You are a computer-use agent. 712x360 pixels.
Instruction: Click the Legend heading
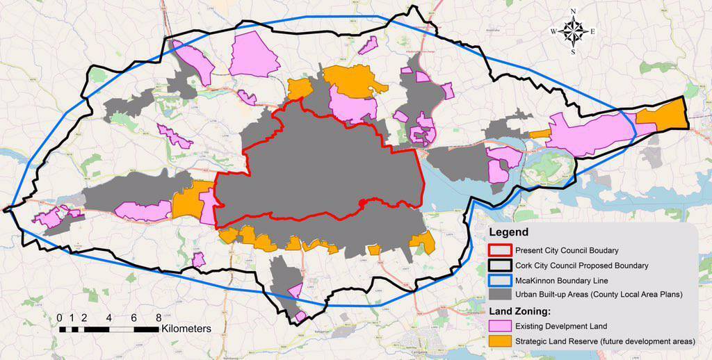(x=508, y=232)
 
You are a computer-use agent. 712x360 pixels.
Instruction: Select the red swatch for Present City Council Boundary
(x=499, y=250)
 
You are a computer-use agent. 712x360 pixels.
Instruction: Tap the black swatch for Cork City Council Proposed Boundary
(x=499, y=265)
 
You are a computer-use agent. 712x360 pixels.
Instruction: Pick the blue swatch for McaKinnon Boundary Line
(x=499, y=280)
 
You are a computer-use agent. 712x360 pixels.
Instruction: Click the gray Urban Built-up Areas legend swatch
(x=499, y=295)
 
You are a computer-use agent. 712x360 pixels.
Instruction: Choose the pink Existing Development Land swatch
(x=499, y=326)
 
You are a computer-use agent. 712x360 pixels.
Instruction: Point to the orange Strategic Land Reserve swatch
(x=499, y=341)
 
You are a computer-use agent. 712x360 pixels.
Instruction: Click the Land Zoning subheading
(x=522, y=311)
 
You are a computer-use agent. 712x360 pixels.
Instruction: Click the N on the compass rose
(x=573, y=11)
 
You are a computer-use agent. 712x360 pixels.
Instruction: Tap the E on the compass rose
(x=592, y=31)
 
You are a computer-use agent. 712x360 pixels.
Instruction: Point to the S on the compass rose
(x=573, y=51)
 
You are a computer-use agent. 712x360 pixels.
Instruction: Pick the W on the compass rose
(x=553, y=31)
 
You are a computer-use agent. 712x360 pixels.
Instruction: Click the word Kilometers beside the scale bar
(x=186, y=328)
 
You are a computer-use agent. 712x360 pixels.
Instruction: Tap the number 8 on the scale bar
(x=159, y=318)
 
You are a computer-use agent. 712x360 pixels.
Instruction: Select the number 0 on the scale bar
(x=60, y=318)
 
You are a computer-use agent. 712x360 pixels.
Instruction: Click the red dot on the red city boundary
(x=362, y=202)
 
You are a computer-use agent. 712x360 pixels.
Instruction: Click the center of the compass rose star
(x=573, y=31)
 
